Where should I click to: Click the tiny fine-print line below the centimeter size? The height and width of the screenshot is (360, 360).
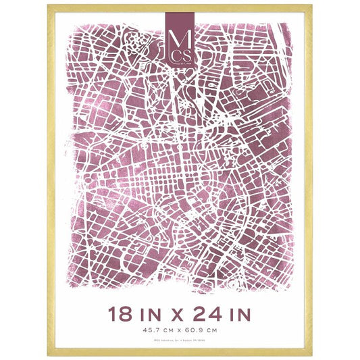180,340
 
